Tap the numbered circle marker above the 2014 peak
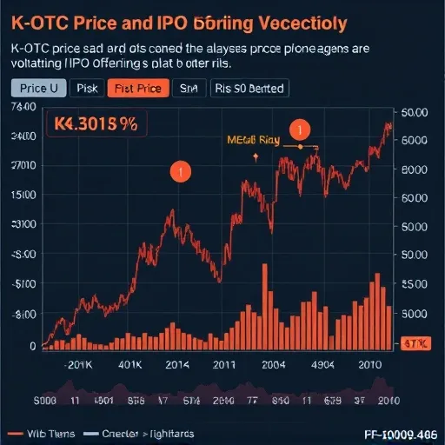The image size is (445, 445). pos(180,172)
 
